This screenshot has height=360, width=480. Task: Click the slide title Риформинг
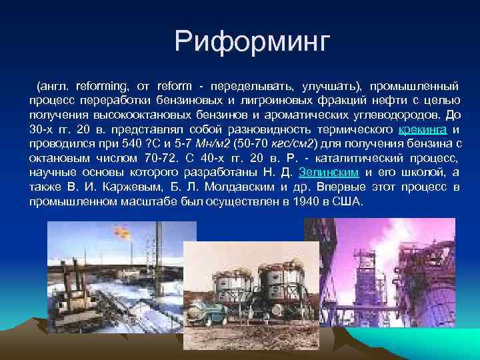252,42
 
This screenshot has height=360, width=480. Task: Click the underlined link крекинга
423,129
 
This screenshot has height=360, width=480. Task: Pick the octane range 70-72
161,158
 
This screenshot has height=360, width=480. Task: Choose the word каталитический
356,158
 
